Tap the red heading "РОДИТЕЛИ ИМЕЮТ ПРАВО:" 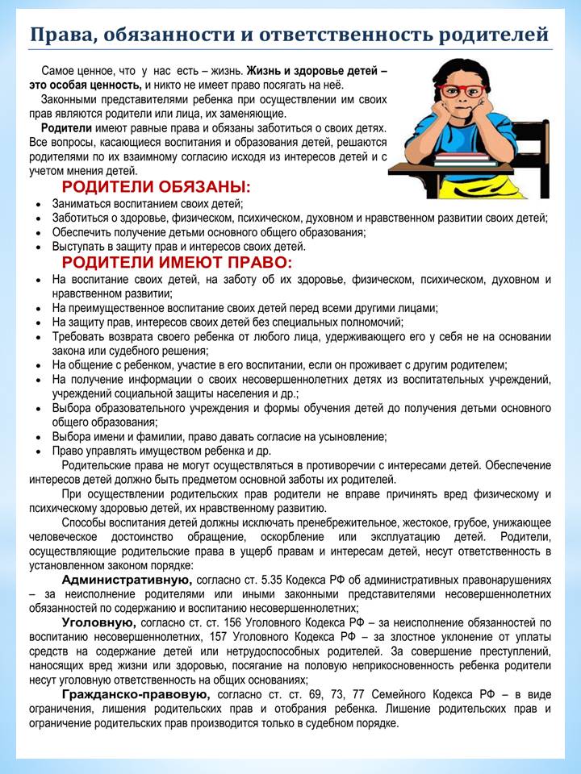177,263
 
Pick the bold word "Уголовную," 98,622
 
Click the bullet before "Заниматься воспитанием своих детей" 39,205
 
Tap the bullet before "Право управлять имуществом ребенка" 39,451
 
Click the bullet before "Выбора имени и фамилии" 39,437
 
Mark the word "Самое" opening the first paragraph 57,71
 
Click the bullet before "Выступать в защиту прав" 39,248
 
